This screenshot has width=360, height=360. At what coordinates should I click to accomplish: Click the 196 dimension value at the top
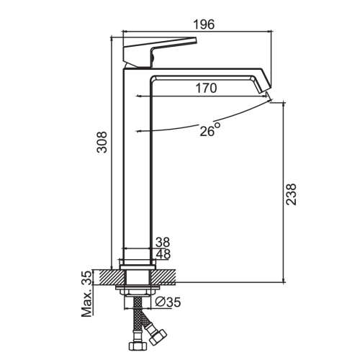(204, 24)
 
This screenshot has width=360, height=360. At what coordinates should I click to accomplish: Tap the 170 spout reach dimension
(206, 88)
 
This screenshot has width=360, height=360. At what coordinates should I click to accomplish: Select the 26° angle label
(210, 130)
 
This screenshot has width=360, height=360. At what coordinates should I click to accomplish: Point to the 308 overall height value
(102, 143)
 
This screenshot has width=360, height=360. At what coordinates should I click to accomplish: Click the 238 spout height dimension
(291, 194)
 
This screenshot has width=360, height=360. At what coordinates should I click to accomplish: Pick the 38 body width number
(163, 242)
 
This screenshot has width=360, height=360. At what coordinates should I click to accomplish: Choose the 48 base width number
(163, 254)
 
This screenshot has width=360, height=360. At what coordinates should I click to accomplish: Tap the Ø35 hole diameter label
(168, 302)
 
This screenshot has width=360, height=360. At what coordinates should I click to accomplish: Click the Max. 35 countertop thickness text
(87, 294)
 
